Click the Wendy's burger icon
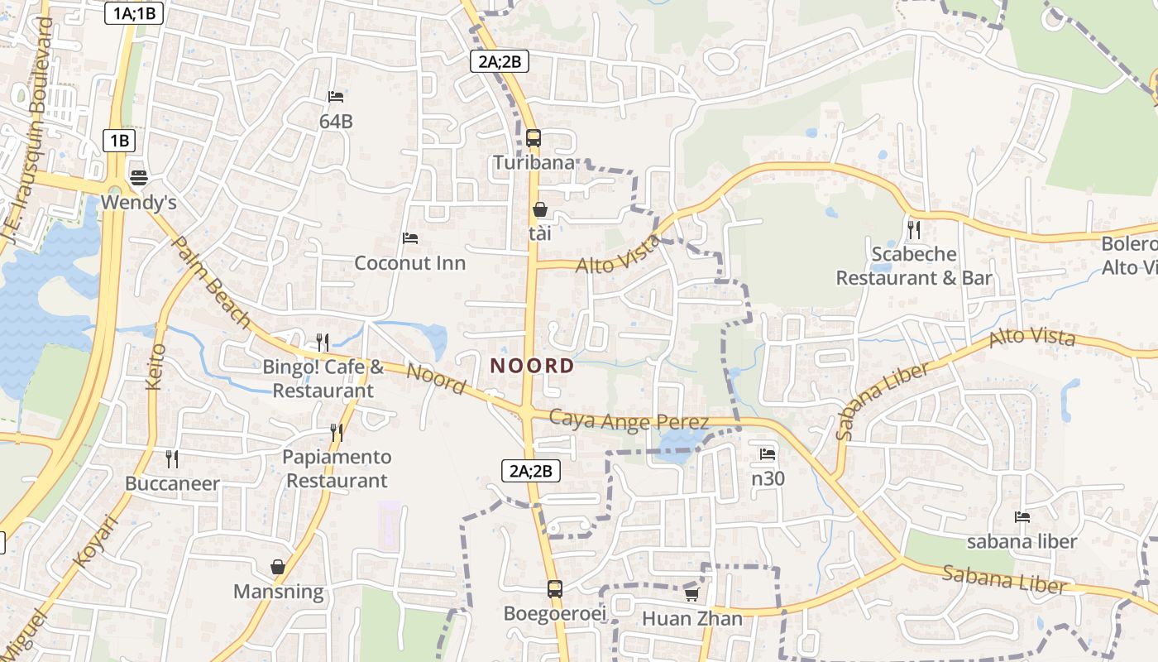pyautogui.click(x=138, y=177)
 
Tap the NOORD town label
pyautogui.click(x=532, y=366)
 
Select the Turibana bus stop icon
pyautogui.click(x=534, y=137)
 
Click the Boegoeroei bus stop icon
pyautogui.click(x=555, y=589)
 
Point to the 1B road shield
pyautogui.click(x=119, y=141)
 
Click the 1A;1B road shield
pyautogui.click(x=132, y=13)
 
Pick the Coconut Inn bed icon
pyautogui.click(x=409, y=238)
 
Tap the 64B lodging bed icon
pyautogui.click(x=336, y=97)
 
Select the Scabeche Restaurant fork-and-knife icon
pyautogui.click(x=914, y=228)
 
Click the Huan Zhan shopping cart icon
pyautogui.click(x=691, y=594)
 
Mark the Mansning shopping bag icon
pyautogui.click(x=278, y=567)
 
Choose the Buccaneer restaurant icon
pyautogui.click(x=172, y=458)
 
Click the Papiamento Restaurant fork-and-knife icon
pyautogui.click(x=337, y=432)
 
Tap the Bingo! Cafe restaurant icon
pyautogui.click(x=323, y=342)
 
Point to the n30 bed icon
pyautogui.click(x=768, y=454)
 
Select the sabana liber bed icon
pyautogui.click(x=1022, y=517)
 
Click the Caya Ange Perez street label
pyautogui.click(x=629, y=420)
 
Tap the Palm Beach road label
pyautogui.click(x=210, y=281)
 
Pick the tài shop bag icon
pyautogui.click(x=540, y=209)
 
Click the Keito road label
pyautogui.click(x=156, y=367)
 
